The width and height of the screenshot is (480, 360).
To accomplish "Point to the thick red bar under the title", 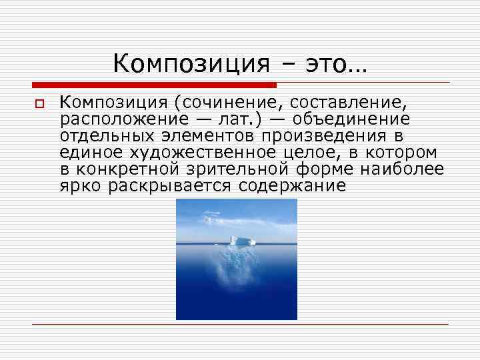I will pos(154,85).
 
